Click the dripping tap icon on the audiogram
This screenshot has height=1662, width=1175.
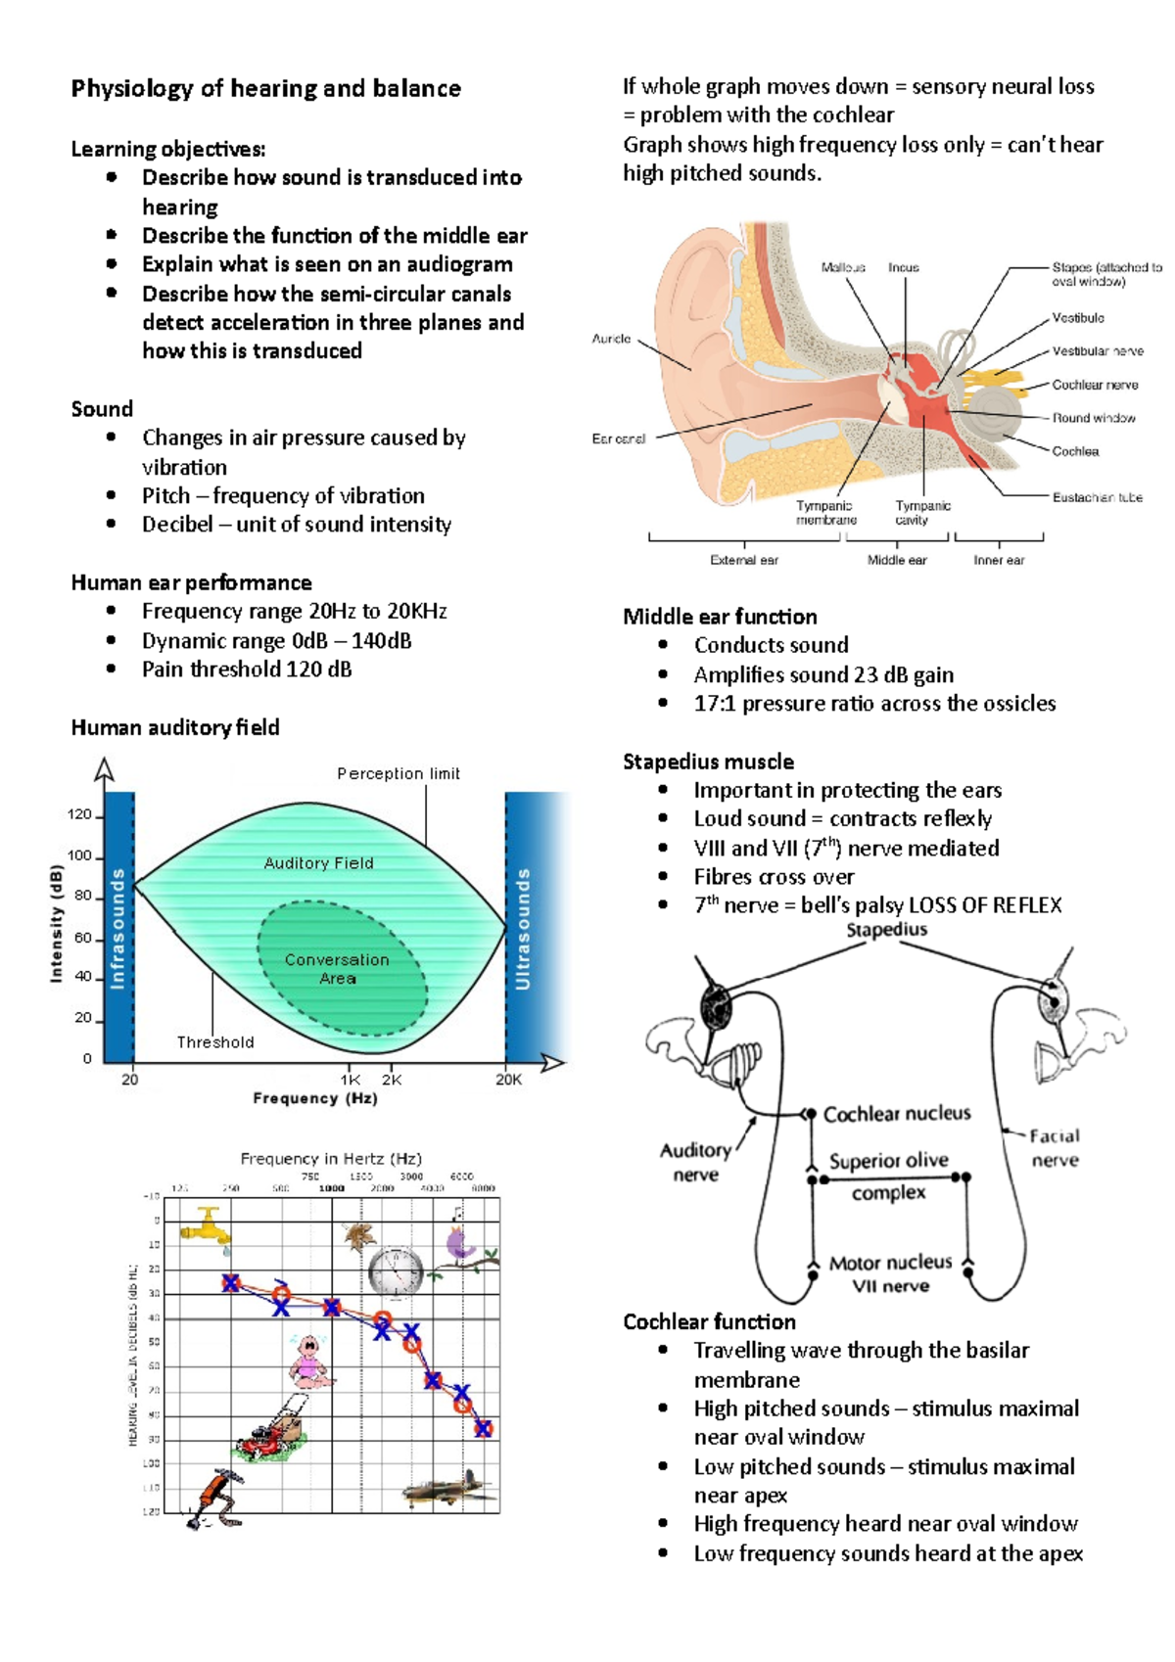pyautogui.click(x=205, y=1226)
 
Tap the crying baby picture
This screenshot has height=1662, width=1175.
pyautogui.click(x=311, y=1362)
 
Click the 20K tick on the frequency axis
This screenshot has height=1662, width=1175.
pyautogui.click(x=508, y=1080)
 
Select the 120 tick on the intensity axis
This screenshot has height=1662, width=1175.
pyautogui.click(x=79, y=814)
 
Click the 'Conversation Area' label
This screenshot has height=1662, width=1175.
pyautogui.click(x=337, y=968)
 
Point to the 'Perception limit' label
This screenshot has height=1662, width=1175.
pyautogui.click(x=399, y=773)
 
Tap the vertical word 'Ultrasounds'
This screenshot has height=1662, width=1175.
pyautogui.click(x=523, y=928)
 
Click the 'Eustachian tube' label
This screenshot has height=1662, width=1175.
pyautogui.click(x=1097, y=497)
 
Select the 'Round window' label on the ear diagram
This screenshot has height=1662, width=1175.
pyautogui.click(x=1093, y=418)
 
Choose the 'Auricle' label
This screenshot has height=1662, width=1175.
pyautogui.click(x=611, y=339)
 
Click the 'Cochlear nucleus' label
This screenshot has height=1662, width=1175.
pyautogui.click(x=897, y=1114)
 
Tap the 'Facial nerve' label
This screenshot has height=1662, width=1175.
pyautogui.click(x=1055, y=1147)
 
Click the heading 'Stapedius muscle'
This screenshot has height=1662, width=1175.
pyautogui.click(x=708, y=762)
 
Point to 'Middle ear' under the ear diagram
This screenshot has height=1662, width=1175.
pyautogui.click(x=897, y=560)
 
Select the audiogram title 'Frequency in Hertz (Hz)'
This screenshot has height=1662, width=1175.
pyautogui.click(x=331, y=1159)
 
